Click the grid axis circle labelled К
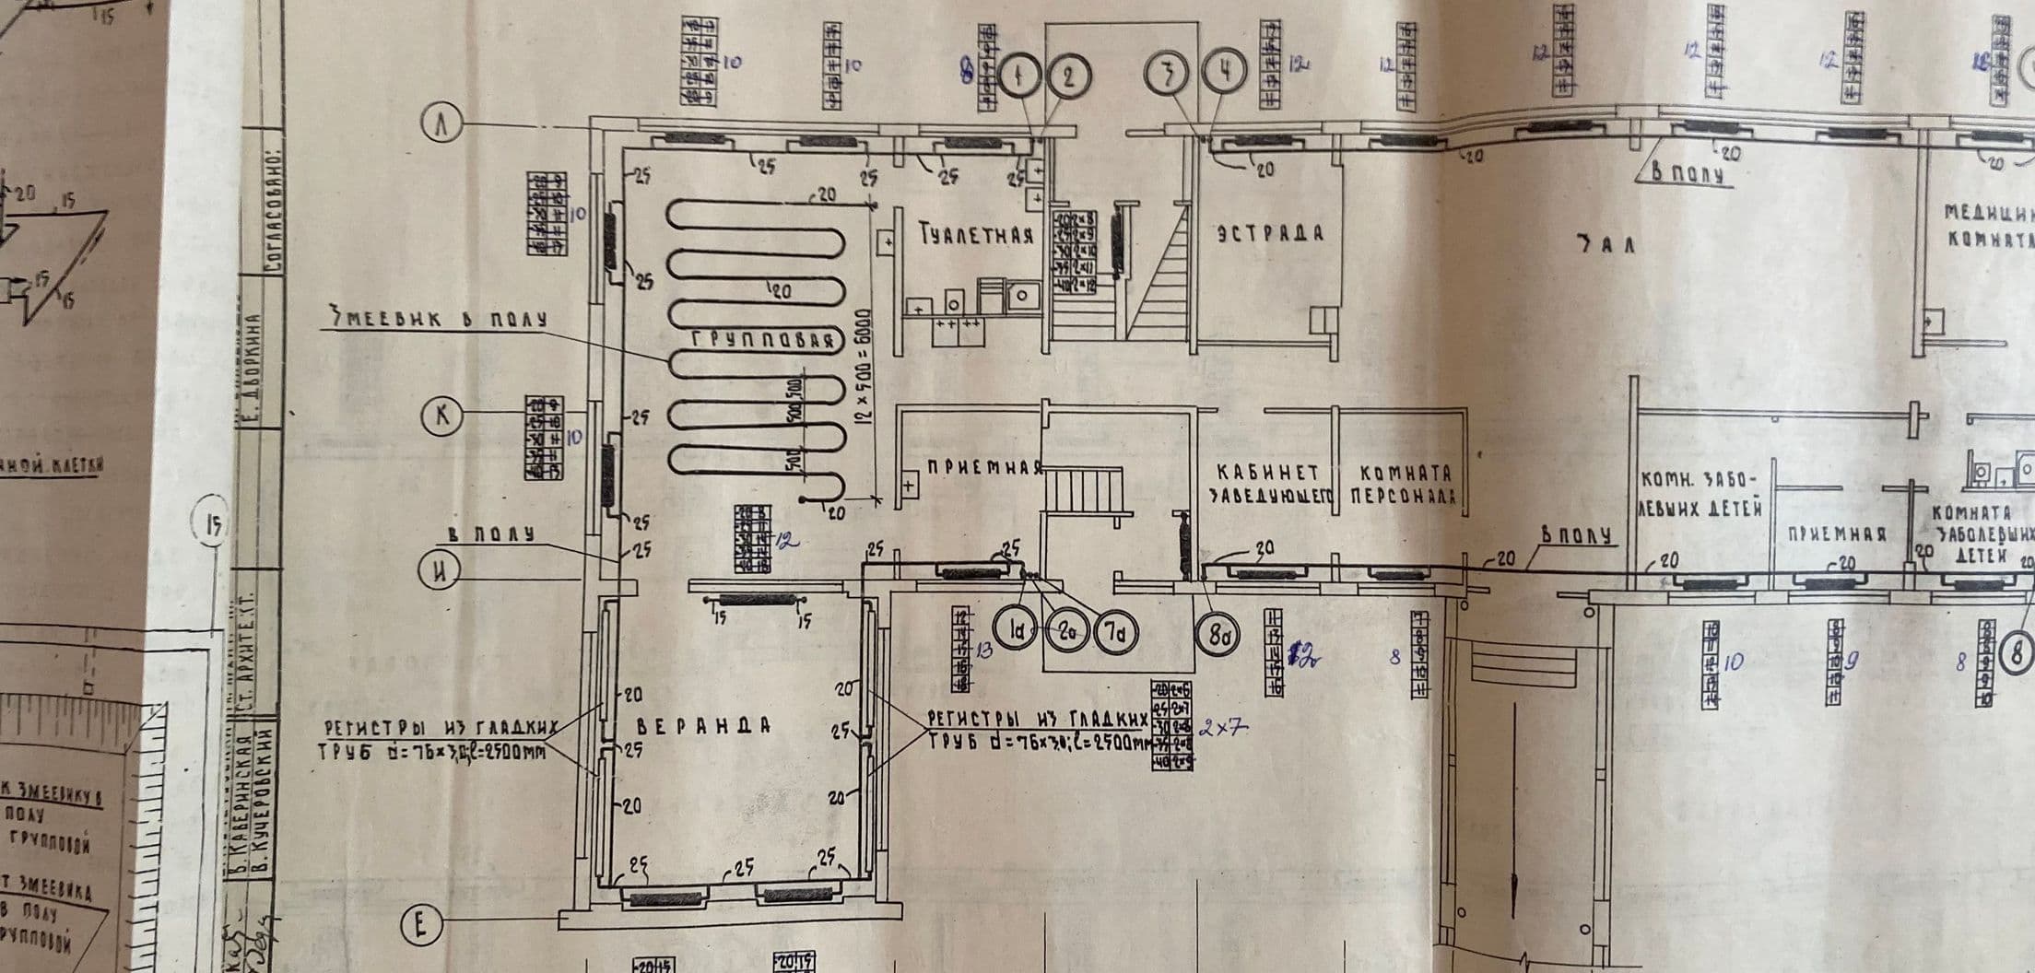(x=441, y=416)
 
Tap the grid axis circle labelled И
(x=441, y=570)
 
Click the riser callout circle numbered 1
(x=1019, y=76)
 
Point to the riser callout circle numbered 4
(x=1224, y=74)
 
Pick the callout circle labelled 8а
(x=1218, y=634)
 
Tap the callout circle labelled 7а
(x=1116, y=632)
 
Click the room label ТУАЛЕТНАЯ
(x=976, y=235)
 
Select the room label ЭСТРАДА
(x=1270, y=232)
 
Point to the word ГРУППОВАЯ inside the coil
(x=764, y=341)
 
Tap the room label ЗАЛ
(x=1605, y=244)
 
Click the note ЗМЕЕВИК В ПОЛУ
(x=439, y=319)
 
